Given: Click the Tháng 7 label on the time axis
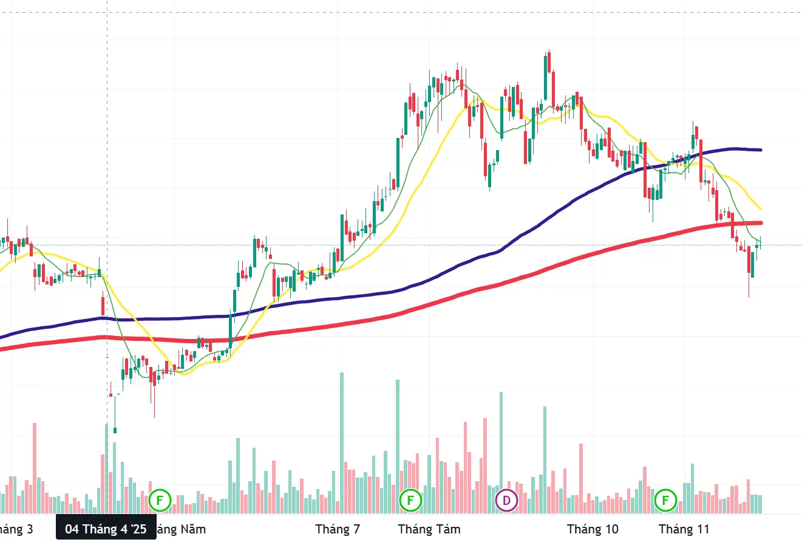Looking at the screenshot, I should tap(338, 529).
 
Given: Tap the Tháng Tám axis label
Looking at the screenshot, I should tap(429, 529).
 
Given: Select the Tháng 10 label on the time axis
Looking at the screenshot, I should tap(593, 529).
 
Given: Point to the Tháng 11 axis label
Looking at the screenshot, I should tap(684, 529).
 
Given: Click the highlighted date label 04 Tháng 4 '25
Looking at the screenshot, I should tap(106, 529).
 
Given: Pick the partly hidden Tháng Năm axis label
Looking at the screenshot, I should tap(182, 529).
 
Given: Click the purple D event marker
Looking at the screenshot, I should tap(506, 501).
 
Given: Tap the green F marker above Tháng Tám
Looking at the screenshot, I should tap(410, 501).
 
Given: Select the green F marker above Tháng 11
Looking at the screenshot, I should tap(665, 501).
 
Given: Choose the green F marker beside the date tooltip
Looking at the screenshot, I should tap(160, 501).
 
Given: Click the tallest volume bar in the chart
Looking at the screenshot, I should tap(342, 444).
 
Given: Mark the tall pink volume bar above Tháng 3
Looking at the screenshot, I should tap(35, 468).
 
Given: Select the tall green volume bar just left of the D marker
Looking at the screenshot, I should tap(501, 444).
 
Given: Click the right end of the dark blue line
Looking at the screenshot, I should tap(760, 149).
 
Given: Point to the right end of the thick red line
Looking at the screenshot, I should tap(760, 223).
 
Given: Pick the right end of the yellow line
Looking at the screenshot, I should tap(760, 209).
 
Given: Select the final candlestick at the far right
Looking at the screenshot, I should tap(758, 244).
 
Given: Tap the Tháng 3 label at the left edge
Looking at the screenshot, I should tap(17, 529).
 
